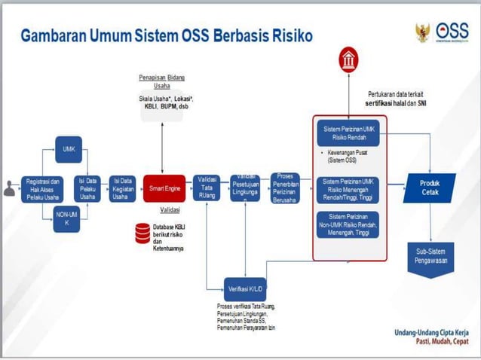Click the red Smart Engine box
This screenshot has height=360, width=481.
[x=164, y=188]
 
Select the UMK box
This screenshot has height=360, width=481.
[x=68, y=150]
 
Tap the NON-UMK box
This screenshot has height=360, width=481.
[x=67, y=219]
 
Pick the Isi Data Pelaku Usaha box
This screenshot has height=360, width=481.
[x=88, y=188]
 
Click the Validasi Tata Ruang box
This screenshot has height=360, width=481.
[x=206, y=188]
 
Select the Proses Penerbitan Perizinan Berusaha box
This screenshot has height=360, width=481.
[x=284, y=188]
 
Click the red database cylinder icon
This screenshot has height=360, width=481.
[x=141, y=232]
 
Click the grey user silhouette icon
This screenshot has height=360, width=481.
[x=10, y=188]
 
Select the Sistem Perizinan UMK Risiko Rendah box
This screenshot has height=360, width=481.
[x=349, y=133]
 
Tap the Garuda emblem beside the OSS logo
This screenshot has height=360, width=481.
[x=422, y=32]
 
